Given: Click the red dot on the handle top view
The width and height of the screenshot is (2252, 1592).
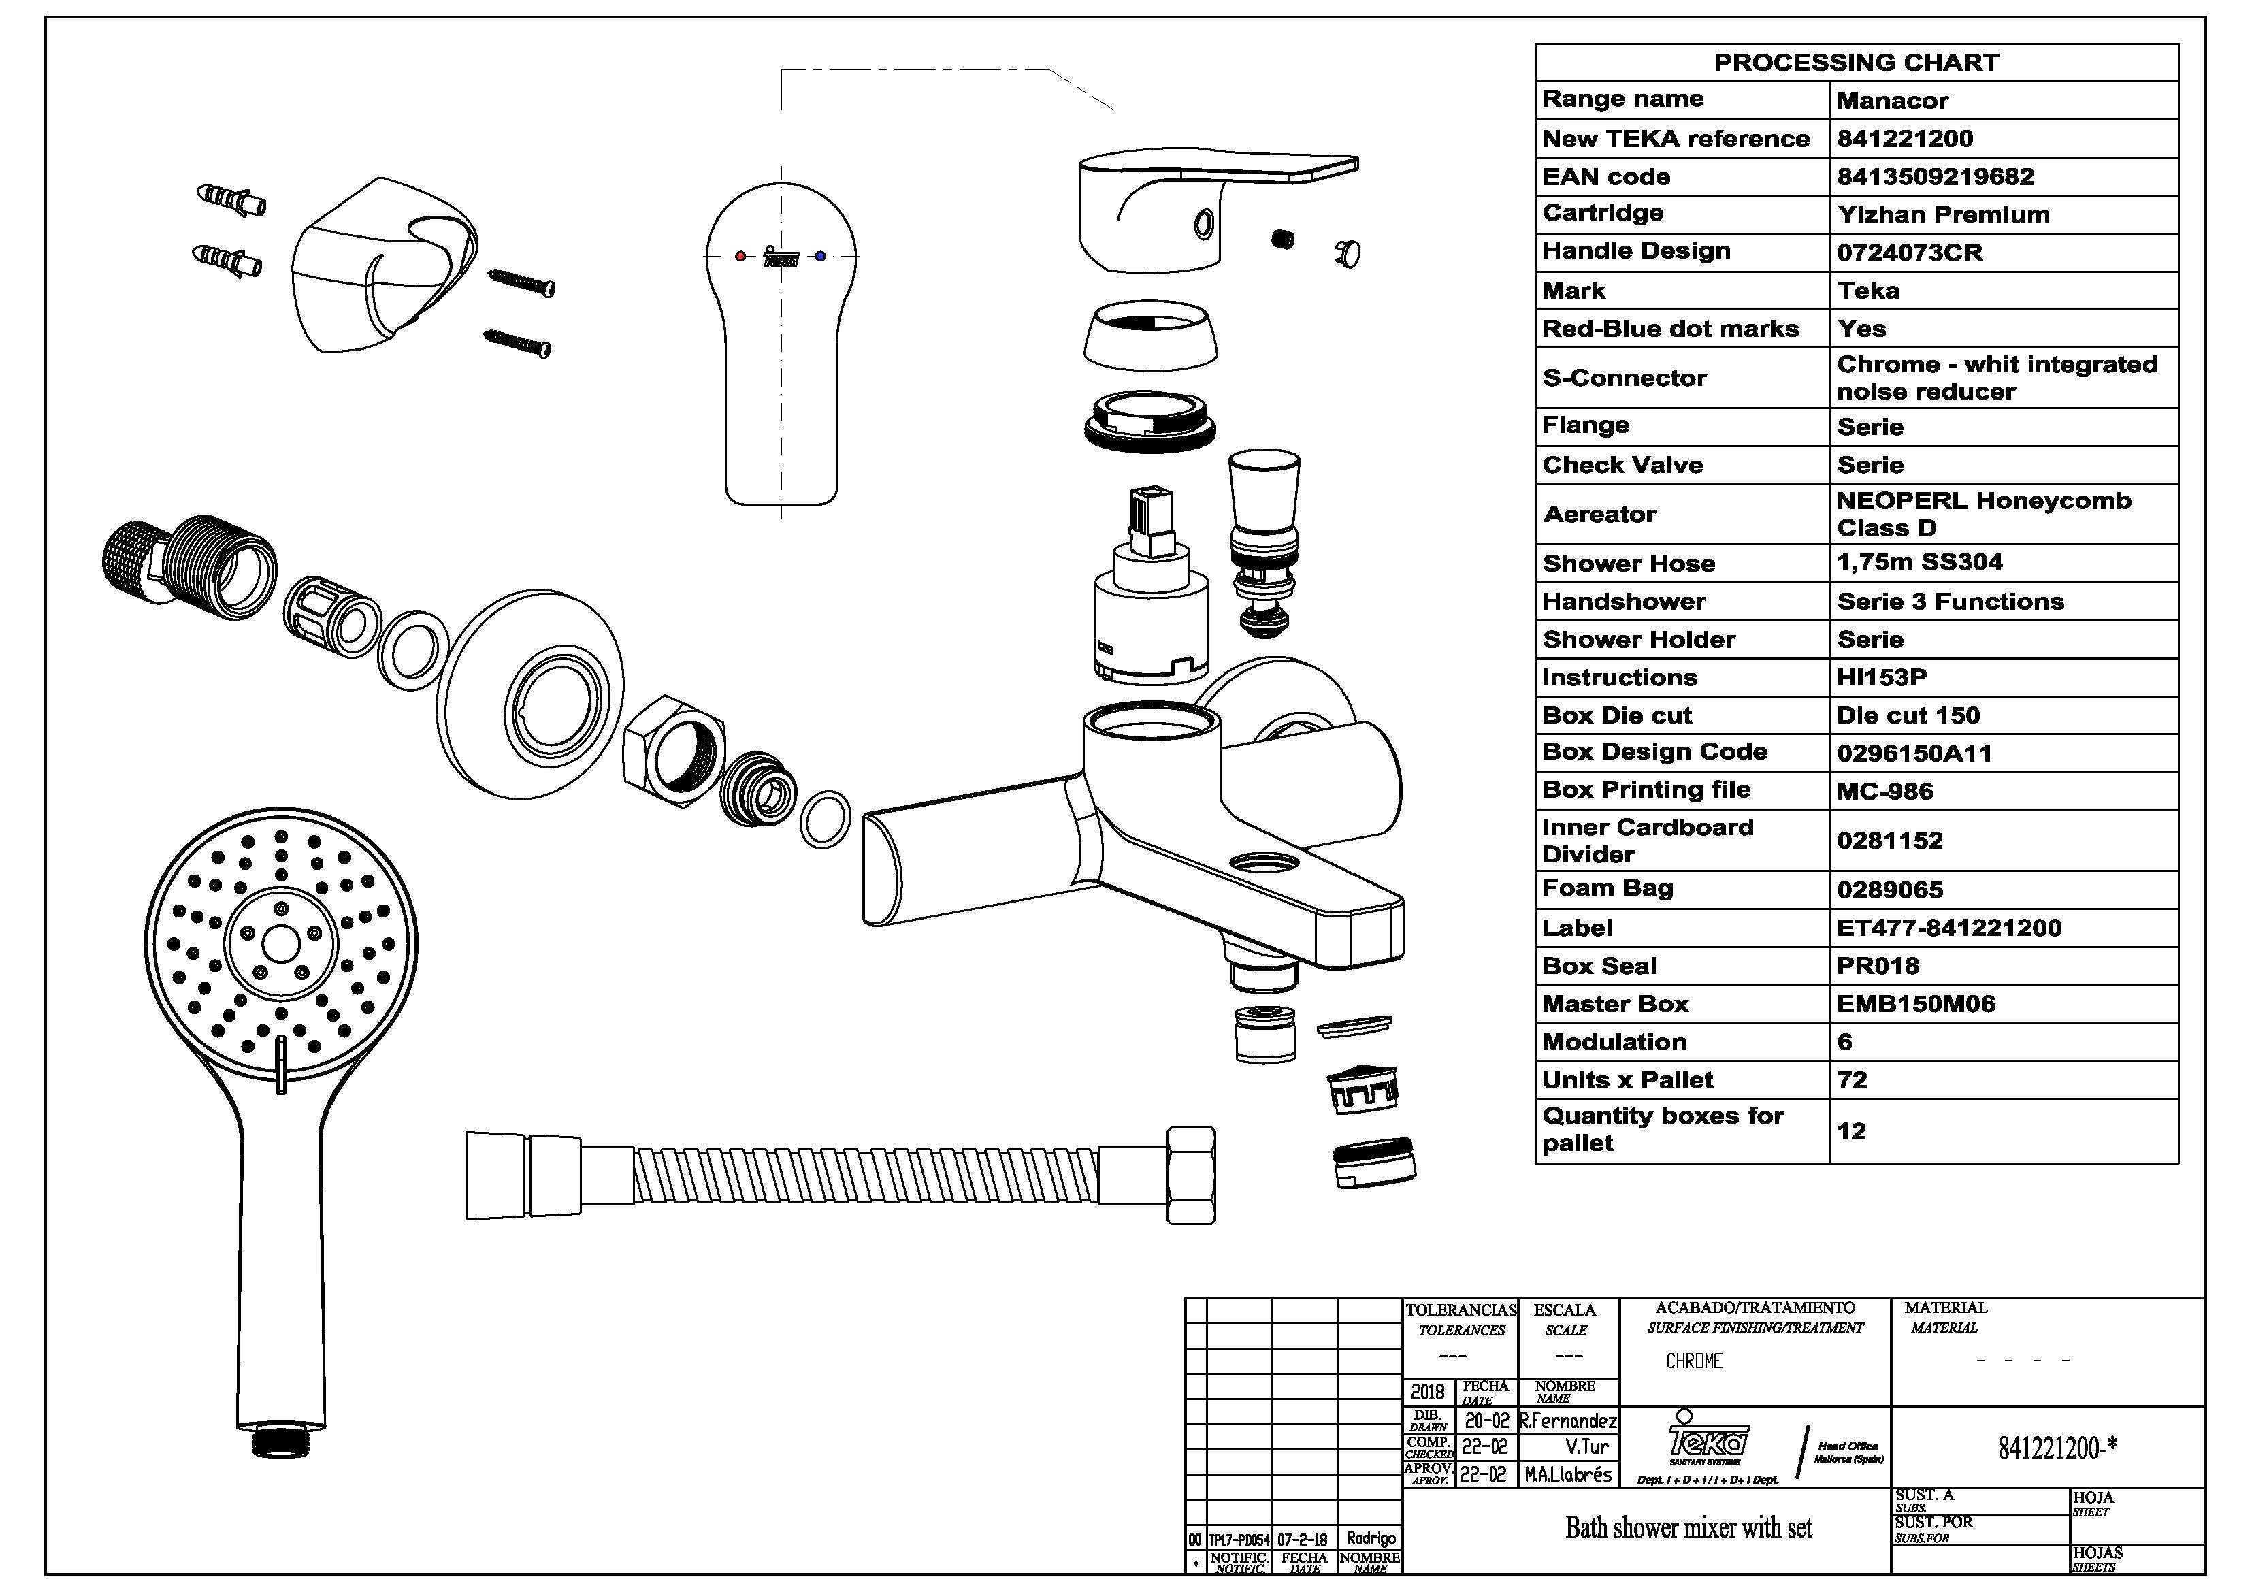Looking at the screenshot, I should pos(740,257).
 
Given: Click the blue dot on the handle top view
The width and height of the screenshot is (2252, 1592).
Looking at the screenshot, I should pos(820,257).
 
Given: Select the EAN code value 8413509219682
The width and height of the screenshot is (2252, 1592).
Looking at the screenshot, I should pos(1934,176).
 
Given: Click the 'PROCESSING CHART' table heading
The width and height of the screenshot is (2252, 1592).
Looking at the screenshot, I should pos(1856,63).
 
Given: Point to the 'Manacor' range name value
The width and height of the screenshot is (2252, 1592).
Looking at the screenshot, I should pos(1892,101).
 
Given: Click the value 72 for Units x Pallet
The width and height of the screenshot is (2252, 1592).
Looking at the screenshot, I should pos(1852,1081).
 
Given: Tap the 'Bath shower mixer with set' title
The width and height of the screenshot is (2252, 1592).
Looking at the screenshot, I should pos(1688,1527).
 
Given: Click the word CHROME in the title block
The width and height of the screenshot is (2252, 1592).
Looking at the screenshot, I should pos(1694,1361).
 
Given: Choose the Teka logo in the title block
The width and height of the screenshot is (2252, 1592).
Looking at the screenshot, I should pos(1708,1440).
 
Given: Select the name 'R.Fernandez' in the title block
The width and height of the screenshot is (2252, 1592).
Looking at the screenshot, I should pos(1567,1421).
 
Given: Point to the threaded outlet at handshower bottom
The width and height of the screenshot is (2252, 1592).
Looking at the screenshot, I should pos(280,1441).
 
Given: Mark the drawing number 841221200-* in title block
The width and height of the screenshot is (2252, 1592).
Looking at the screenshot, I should pos(2057,1448).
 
